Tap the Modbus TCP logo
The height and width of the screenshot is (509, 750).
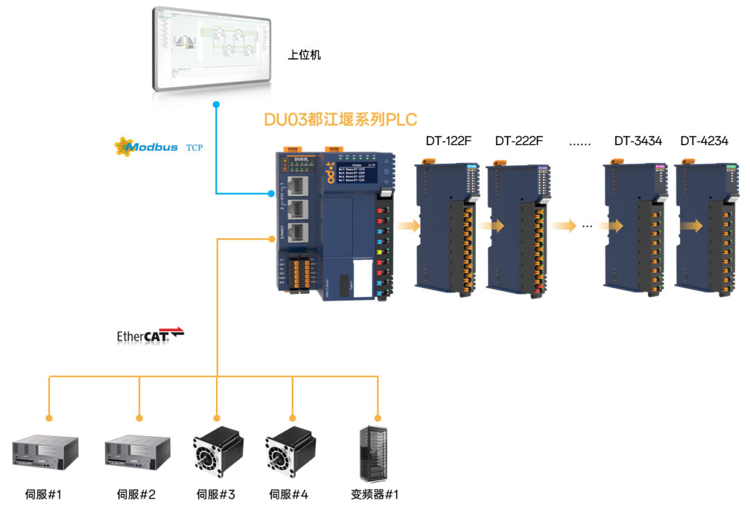(158, 147)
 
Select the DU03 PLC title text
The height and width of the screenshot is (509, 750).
(340, 119)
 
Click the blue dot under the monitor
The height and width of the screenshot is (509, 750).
(217, 105)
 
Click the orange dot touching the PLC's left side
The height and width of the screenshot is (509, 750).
(272, 240)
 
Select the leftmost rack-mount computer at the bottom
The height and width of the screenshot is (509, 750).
(45, 452)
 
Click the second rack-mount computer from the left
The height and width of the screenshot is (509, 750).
(137, 452)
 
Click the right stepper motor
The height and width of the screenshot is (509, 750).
(290, 451)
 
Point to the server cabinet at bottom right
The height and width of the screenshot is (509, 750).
(372, 453)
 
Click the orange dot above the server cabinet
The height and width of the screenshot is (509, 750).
(378, 418)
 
